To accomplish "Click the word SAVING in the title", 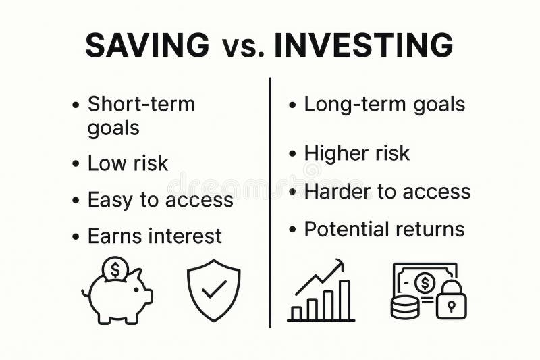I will (x=147, y=45).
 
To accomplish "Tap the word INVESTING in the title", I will (x=364, y=45).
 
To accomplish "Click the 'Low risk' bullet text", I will (x=128, y=163).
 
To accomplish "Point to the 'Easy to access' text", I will (x=160, y=200).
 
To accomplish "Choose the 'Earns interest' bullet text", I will (x=155, y=236).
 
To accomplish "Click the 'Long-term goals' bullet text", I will (x=384, y=105).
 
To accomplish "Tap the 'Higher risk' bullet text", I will (x=356, y=153).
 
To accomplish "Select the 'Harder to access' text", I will (x=387, y=191).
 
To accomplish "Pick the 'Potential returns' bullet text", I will (x=384, y=229).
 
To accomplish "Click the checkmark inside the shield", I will (x=214, y=290).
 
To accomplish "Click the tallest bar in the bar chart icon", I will (x=344, y=299).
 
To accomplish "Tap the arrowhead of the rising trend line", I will (x=340, y=264).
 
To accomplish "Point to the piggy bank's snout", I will (x=146, y=295).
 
